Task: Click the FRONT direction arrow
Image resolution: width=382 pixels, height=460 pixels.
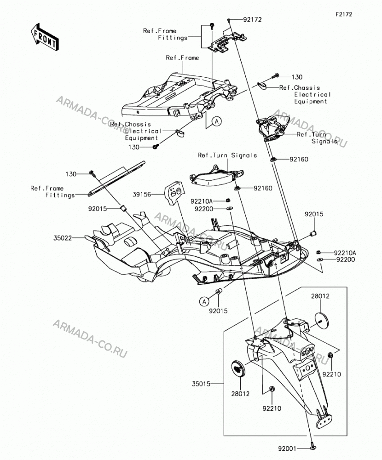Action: point(45,37)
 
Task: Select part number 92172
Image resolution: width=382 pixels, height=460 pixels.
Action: point(252,20)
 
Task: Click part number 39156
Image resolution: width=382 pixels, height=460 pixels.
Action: point(142,194)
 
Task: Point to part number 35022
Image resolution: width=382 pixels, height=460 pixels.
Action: point(63,238)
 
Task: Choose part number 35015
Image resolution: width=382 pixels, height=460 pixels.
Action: point(202,384)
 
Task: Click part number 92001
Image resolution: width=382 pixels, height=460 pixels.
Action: point(288,448)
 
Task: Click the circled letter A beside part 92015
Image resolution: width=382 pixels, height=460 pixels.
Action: point(204,301)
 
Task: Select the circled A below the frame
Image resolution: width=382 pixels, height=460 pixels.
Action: point(217,121)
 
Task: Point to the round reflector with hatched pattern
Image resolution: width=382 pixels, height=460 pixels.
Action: point(237,367)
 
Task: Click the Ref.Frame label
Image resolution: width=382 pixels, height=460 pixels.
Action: point(182,57)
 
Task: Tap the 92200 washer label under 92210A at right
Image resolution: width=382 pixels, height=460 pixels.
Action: point(346,259)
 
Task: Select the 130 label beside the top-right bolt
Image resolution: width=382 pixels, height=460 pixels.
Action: point(297,77)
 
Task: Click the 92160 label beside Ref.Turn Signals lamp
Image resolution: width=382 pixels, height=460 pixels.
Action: point(263,188)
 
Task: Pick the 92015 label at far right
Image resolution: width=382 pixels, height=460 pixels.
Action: point(314,214)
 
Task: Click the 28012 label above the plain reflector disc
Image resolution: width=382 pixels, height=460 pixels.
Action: point(320,296)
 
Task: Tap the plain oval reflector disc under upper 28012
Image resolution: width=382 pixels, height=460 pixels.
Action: point(323,321)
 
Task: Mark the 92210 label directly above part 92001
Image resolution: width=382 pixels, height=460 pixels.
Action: point(272,408)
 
